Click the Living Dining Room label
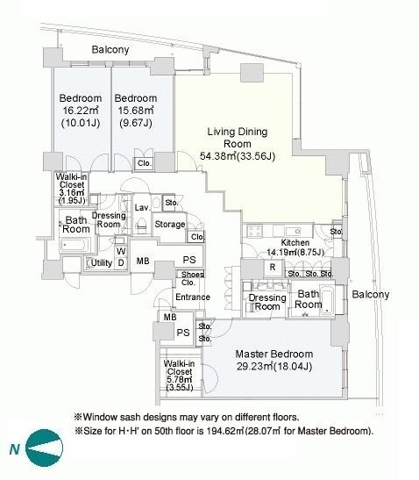tap(238, 138)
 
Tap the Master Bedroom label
tap(274, 355)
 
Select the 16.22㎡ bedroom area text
tap(81, 111)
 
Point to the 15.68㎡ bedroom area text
tap(136, 111)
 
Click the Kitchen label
tap(295, 243)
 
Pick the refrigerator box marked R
tap(273, 268)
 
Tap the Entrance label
tap(193, 297)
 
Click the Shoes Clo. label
tap(192, 278)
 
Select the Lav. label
tap(142, 208)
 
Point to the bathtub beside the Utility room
tap(75, 245)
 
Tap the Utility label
tap(102, 262)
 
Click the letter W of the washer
tap(121, 251)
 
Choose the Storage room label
tap(170, 224)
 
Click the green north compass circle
tap(45, 448)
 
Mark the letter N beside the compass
tap(15, 449)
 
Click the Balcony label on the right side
tap(371, 295)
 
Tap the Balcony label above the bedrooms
tap(110, 50)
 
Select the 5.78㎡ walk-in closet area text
tap(180, 380)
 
